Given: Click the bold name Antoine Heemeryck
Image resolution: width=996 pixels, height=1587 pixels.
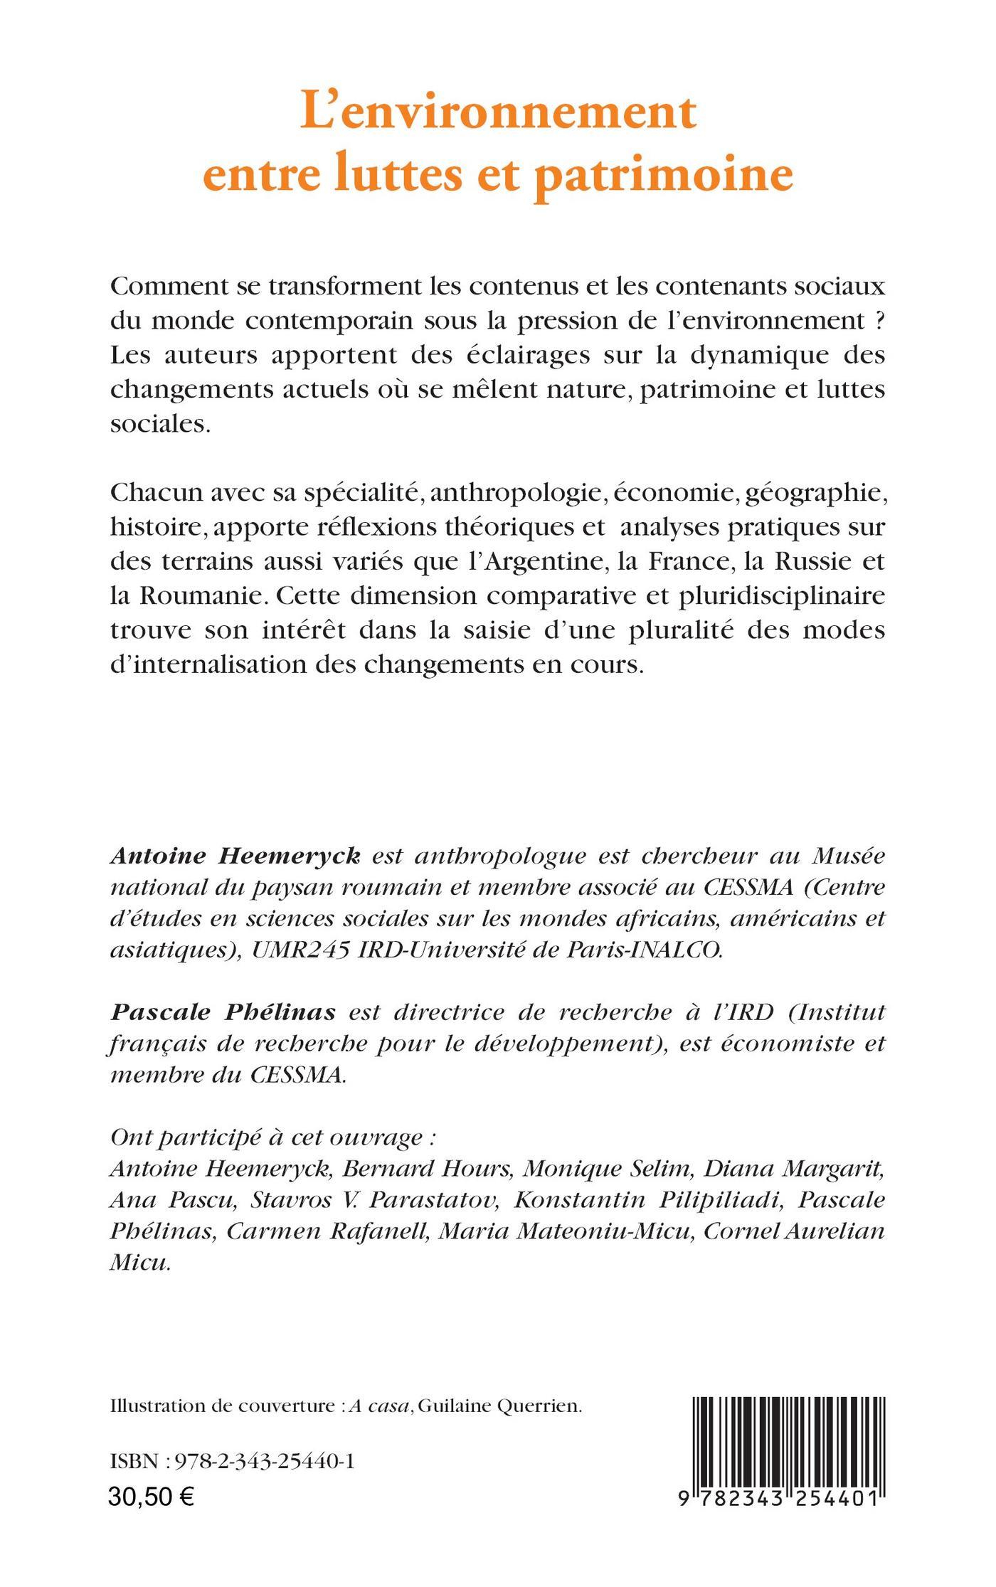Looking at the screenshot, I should [235, 856].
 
